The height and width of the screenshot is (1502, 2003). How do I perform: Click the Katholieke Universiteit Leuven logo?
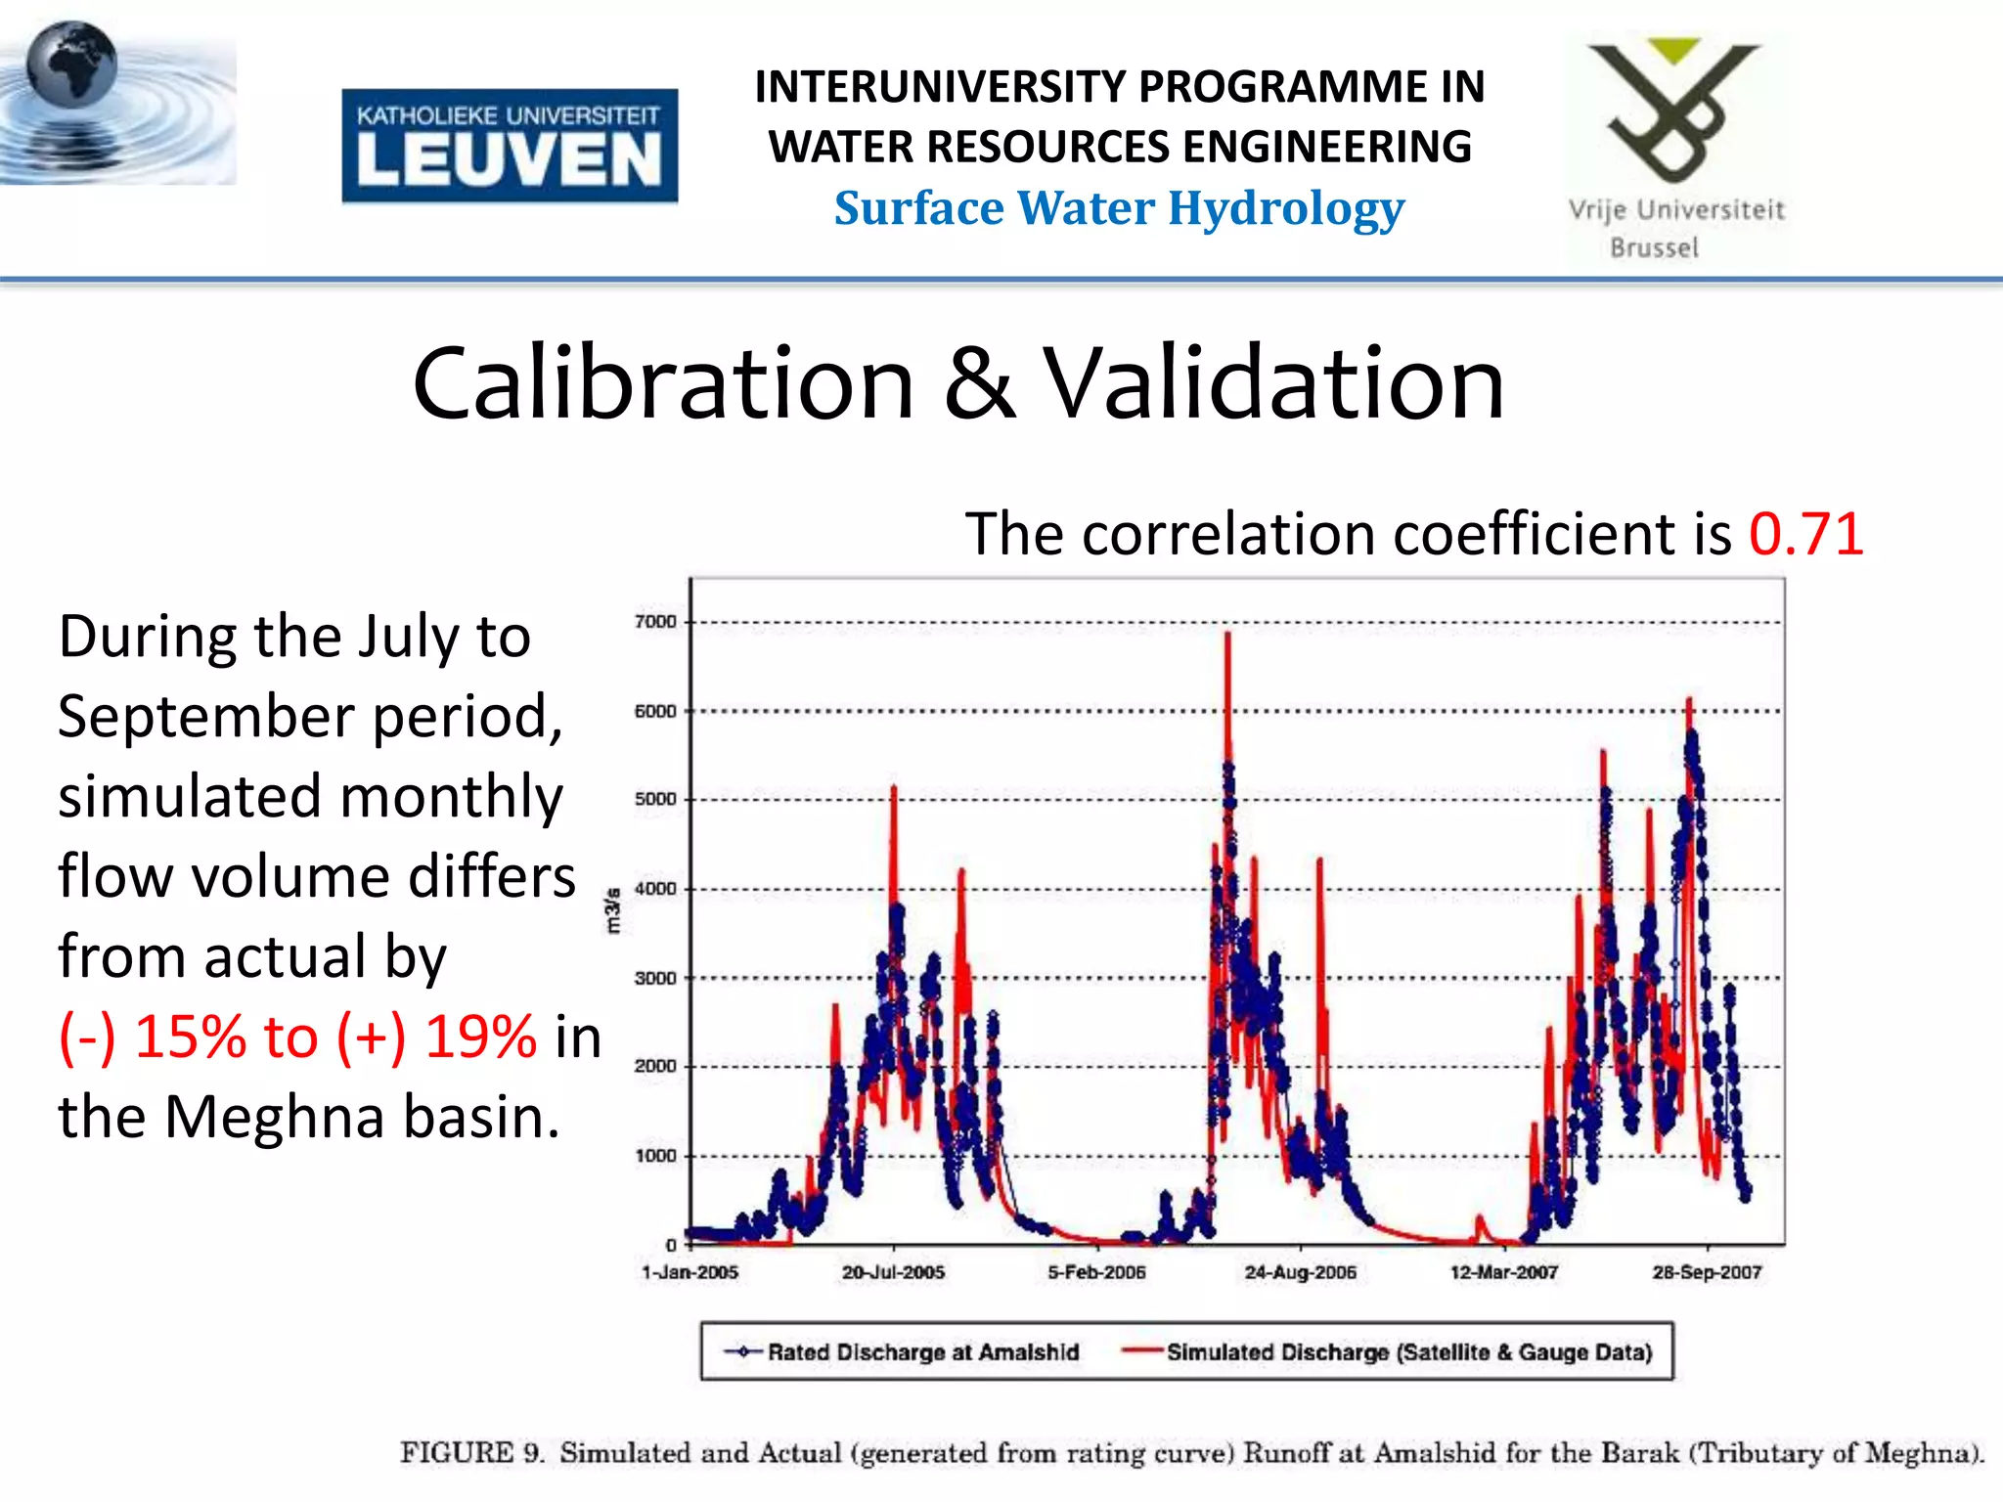click(x=510, y=146)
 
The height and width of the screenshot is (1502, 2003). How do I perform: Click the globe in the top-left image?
click(x=70, y=65)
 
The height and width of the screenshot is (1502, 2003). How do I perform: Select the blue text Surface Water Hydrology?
click(x=1119, y=208)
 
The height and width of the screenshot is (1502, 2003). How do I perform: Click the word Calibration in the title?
click(x=662, y=383)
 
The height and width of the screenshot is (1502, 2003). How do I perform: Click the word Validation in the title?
click(x=1273, y=383)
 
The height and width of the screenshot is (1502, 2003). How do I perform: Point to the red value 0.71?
click(x=1805, y=534)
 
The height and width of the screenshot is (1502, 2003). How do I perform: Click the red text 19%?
click(x=480, y=1037)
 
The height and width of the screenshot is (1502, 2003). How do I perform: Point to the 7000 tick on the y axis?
click(x=655, y=622)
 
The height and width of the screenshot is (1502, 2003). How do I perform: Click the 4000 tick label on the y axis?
click(x=655, y=889)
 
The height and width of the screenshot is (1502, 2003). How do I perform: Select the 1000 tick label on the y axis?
click(x=655, y=1156)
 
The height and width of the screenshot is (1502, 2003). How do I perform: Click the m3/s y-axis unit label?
click(x=613, y=910)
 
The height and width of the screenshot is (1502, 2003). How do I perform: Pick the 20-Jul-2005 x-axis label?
click(x=893, y=1272)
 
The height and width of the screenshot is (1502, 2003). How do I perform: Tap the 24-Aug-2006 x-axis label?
click(x=1300, y=1272)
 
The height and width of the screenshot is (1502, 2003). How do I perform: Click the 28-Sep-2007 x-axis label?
click(x=1707, y=1272)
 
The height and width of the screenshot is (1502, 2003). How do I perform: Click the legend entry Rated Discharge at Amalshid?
click(x=921, y=1352)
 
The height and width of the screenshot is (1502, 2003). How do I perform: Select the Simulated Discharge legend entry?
click(x=1408, y=1352)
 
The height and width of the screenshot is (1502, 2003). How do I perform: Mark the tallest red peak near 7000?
click(x=1227, y=636)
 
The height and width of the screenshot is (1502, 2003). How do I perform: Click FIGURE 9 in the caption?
click(x=471, y=1453)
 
